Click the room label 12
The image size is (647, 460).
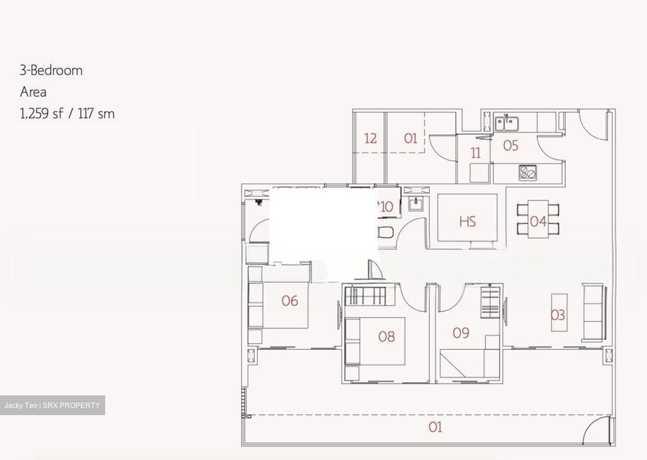click(x=370, y=139)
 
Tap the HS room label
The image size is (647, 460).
click(x=468, y=222)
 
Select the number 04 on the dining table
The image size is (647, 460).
click(x=538, y=222)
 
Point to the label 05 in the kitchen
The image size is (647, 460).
click(x=511, y=146)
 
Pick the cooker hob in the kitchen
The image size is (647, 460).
click(x=527, y=173)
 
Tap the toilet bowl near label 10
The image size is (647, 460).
click(x=386, y=232)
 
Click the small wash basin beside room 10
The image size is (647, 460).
click(x=416, y=204)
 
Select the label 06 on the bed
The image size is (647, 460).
click(x=290, y=301)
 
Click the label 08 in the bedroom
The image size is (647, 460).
click(x=386, y=337)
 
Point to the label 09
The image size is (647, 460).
click(x=461, y=333)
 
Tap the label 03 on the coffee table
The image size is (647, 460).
click(x=558, y=315)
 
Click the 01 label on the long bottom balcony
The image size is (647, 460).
click(x=435, y=427)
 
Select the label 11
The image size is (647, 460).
click(x=475, y=153)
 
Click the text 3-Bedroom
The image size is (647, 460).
click(x=51, y=70)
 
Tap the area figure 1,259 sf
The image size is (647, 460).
click(x=41, y=114)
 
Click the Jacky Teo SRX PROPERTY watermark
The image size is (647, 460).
click(x=52, y=405)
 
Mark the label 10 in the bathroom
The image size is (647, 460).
click(x=387, y=207)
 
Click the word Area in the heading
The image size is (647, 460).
click(x=33, y=92)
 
